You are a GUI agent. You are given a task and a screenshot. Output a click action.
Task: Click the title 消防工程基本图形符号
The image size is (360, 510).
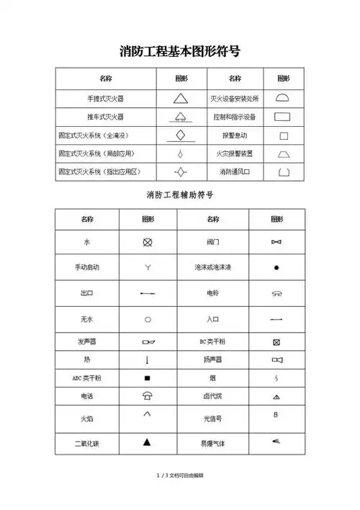[179, 51]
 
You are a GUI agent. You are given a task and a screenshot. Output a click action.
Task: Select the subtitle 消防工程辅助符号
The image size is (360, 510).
[179, 195]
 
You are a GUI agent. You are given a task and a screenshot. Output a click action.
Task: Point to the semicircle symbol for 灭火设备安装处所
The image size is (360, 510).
[283, 97]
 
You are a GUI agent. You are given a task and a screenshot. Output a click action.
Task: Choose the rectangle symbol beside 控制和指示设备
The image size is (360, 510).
[283, 116]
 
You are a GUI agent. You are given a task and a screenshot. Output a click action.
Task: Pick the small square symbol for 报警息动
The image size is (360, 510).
[283, 135]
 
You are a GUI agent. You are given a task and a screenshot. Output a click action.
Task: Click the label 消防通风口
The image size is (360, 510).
[234, 172]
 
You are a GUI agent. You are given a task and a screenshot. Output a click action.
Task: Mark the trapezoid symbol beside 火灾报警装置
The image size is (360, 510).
[283, 153]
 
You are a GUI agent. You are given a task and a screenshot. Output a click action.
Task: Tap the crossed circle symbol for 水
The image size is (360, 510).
[148, 242]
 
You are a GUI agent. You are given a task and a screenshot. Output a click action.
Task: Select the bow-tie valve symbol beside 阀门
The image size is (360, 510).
[276, 243]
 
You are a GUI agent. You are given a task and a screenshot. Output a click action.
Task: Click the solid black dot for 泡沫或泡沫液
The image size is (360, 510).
[276, 268]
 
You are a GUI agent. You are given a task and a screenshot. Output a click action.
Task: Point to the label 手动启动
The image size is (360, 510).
[87, 267]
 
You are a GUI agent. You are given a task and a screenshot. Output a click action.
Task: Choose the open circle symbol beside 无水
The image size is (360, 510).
[148, 318]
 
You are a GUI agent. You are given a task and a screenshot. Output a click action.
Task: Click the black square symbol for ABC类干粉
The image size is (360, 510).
[148, 377]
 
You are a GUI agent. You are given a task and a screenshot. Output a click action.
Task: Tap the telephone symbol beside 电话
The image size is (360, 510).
[148, 395]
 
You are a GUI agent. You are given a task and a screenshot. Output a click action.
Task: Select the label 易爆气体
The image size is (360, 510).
[213, 443]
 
